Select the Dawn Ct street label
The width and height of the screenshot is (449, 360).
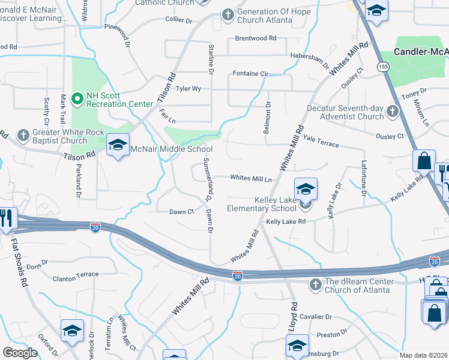pyautogui.click(x=181, y=212)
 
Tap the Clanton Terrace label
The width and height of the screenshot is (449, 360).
pyautogui.click(x=76, y=274)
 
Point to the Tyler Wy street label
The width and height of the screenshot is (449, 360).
pyautogui.click(x=188, y=89)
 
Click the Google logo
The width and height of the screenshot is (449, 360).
pyautogui.click(x=20, y=353)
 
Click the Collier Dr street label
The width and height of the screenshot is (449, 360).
pyautogui.click(x=179, y=20)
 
